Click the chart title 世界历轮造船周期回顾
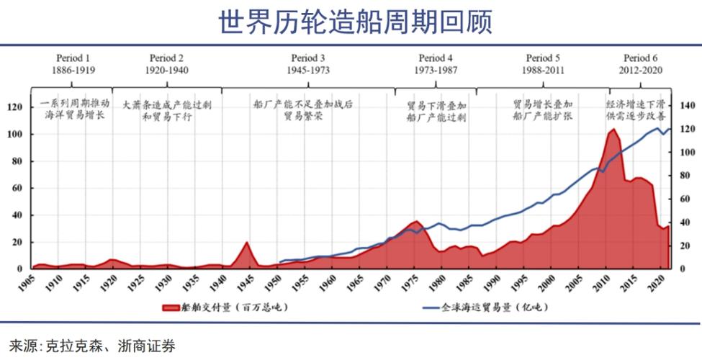click(x=356, y=22)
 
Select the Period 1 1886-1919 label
click(x=73, y=64)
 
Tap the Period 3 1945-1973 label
click(x=308, y=64)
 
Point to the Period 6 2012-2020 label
click(x=640, y=64)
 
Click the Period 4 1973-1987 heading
click(x=436, y=64)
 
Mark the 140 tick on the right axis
click(x=688, y=107)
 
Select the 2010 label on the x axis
click(x=597, y=282)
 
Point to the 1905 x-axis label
click(x=27, y=282)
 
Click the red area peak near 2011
click(x=613, y=130)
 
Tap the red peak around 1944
click(x=247, y=243)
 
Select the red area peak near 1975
click(x=416, y=222)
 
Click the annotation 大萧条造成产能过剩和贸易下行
click(x=167, y=109)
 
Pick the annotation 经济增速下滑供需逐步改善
click(x=636, y=109)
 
